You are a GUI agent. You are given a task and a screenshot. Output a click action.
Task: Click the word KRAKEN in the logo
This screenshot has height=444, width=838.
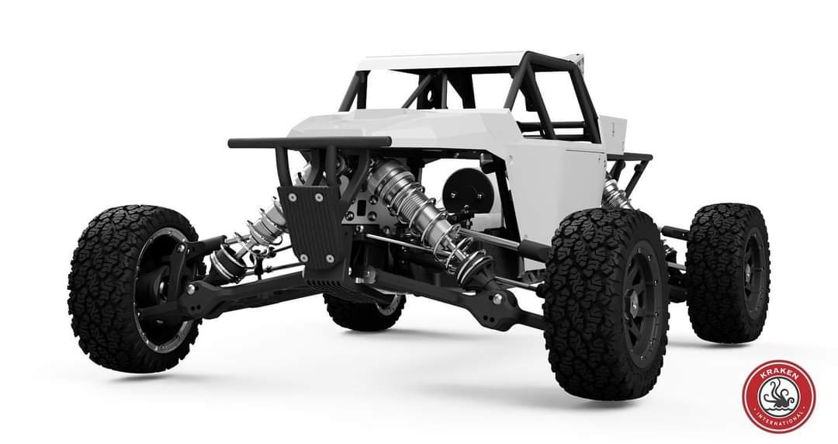[x=779, y=376]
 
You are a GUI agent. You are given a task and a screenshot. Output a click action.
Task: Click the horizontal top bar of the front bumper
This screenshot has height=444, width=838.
[x=310, y=142]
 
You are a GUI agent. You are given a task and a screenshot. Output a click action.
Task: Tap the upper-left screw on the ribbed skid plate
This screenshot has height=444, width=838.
[x=292, y=197]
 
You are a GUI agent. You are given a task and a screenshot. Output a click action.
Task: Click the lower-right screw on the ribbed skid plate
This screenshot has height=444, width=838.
[x=331, y=258]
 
